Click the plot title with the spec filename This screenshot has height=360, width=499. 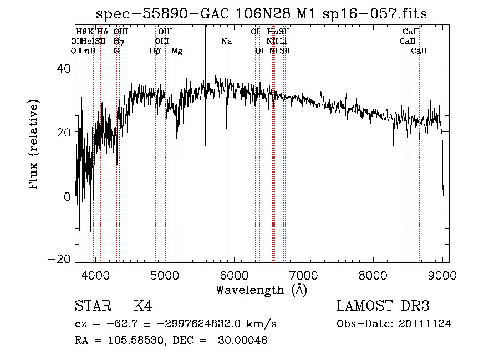(x=261, y=14)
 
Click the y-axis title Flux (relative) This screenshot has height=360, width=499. (x=34, y=145)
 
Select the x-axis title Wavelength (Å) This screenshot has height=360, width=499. (x=261, y=290)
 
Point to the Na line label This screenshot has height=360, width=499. (x=226, y=42)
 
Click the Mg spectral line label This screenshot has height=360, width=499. (x=177, y=51)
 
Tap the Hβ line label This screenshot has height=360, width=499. (x=155, y=51)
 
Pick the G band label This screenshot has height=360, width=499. (x=116, y=51)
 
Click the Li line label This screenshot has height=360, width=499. (x=283, y=42)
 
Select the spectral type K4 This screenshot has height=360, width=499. (x=143, y=306)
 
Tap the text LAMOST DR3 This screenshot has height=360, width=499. (x=383, y=306)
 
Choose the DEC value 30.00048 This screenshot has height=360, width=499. (x=244, y=341)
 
